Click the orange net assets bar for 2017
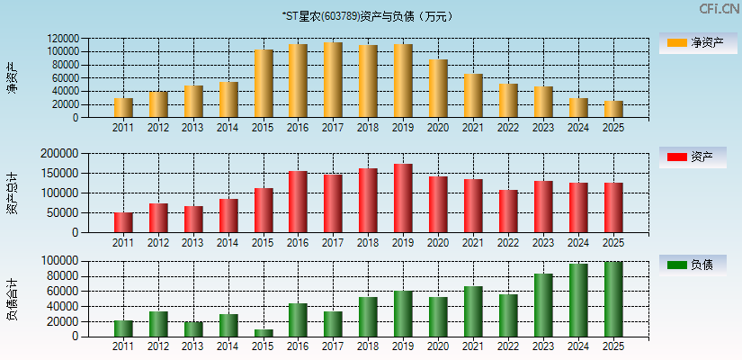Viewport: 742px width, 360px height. [333, 80]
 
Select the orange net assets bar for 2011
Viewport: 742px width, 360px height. [123, 108]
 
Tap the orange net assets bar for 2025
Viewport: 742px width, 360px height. [613, 109]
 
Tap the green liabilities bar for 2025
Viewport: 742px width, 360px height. [613, 299]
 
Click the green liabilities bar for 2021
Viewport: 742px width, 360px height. [473, 311]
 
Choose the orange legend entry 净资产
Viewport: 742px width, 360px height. [692, 42]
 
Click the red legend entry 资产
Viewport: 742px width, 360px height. [692, 157]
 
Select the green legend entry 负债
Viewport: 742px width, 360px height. [692, 265]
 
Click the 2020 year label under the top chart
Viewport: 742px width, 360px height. [438, 128]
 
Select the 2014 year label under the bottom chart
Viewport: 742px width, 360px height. [228, 346]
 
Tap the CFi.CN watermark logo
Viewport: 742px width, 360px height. [719, 9]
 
